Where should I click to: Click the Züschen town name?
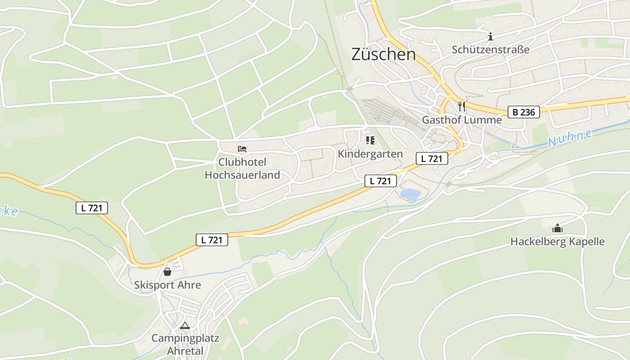coord(383,54)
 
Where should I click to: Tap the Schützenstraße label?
coord(490,49)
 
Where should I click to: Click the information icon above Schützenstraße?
coord(490,36)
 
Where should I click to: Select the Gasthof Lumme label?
coord(462,120)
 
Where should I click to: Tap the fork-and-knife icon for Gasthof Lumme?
coord(461,107)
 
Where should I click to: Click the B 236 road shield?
coord(524,112)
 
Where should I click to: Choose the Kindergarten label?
coord(370,154)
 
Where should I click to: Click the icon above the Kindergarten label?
coord(370,141)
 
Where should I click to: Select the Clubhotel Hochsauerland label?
coord(242,169)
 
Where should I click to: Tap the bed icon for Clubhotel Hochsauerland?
coord(242,148)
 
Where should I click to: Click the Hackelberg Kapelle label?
coord(558,242)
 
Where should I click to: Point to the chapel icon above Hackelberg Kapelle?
coord(558,229)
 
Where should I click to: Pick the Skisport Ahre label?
coord(167,285)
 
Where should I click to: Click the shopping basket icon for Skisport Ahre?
coord(167,272)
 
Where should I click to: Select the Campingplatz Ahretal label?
coord(185,344)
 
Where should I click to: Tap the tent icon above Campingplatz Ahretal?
coord(185,325)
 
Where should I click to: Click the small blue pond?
coord(410,194)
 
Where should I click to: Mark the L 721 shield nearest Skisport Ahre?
coord(212,240)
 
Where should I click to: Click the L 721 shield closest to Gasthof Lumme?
coord(432,158)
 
